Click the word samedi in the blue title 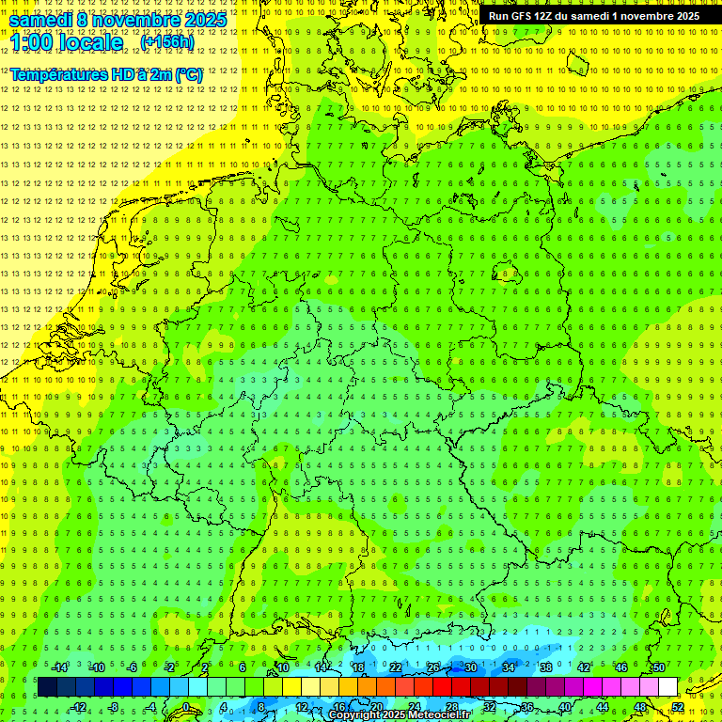click(41, 19)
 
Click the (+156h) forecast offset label click(167, 42)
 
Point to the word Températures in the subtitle click(56, 74)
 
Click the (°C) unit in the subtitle click(188, 74)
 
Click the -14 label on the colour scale click(59, 667)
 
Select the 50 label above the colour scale click(659, 667)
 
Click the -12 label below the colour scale click(79, 707)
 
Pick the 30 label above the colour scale click(470, 667)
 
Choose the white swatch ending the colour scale click(667, 687)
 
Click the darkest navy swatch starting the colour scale click(47, 687)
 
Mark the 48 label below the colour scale click(640, 707)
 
